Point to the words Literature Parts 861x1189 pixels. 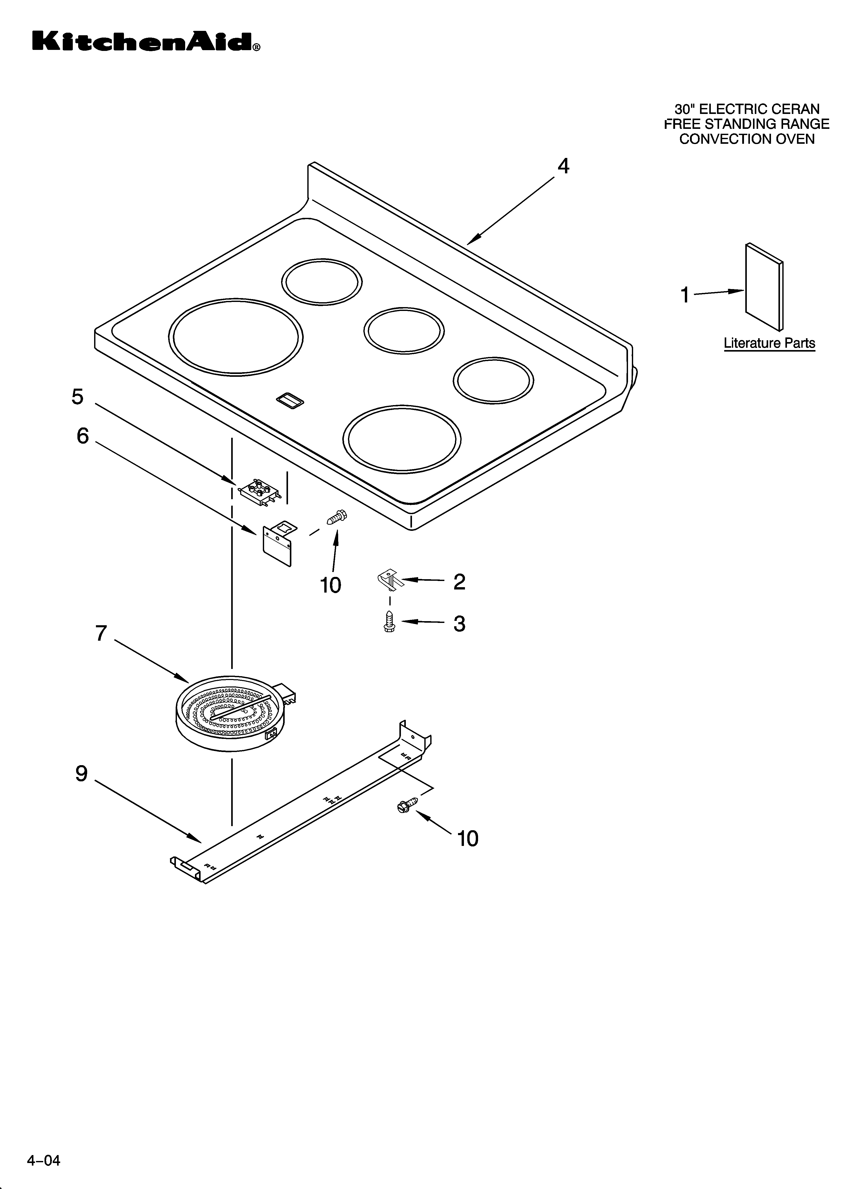point(769,343)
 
